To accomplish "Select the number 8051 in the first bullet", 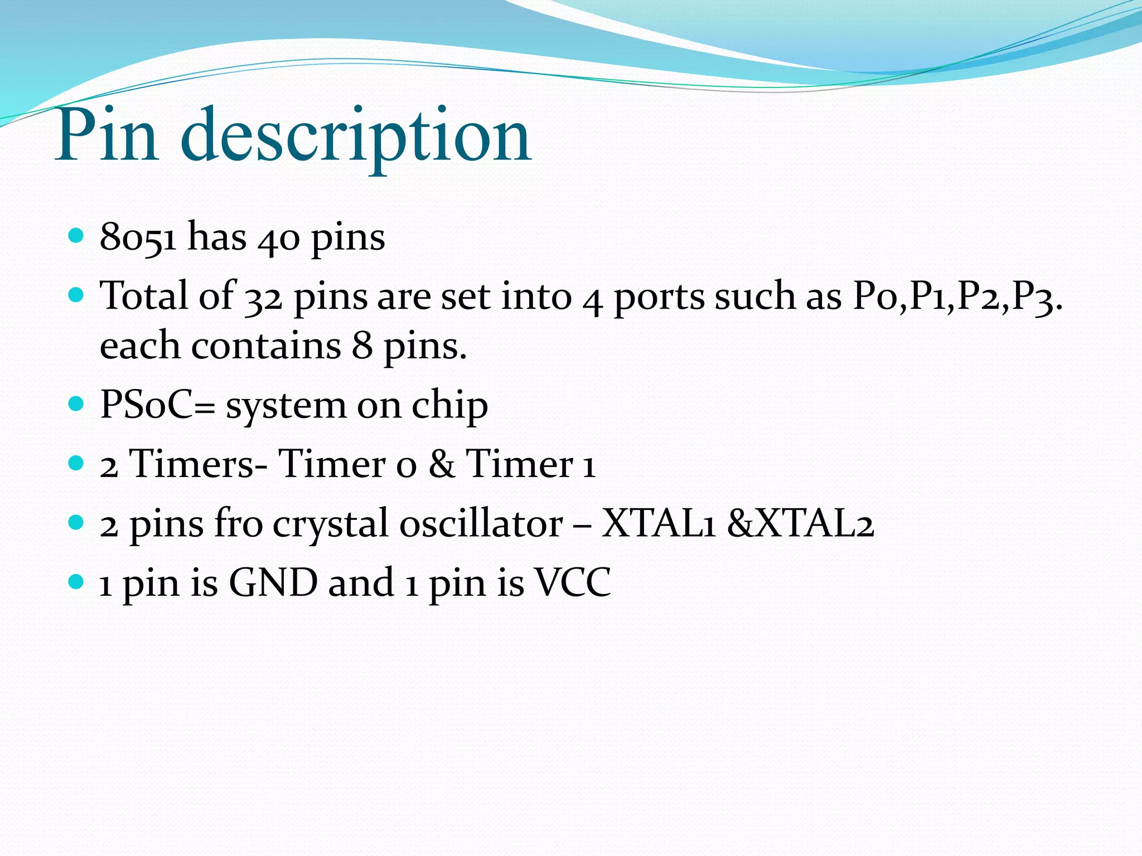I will coord(138,237).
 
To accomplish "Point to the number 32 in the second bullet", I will coord(263,296).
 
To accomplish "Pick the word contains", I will coord(266,346).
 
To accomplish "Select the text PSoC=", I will coord(157,405).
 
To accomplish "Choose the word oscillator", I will coord(481,524).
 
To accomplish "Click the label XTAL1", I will coord(658,524).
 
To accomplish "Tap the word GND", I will coord(273,582).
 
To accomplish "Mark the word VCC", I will coord(573,582).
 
